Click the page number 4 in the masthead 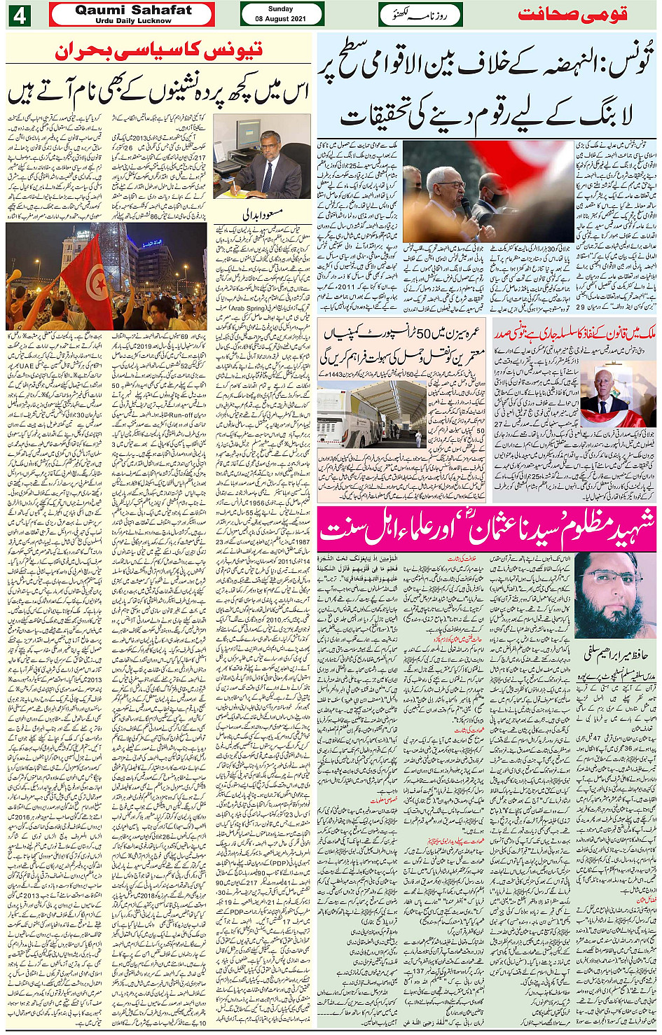(18, 15)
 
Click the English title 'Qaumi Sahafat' (133, 10)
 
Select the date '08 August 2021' (281, 19)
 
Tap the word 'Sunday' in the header (281, 9)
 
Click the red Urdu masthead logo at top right (572, 15)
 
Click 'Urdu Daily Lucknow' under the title (133, 21)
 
